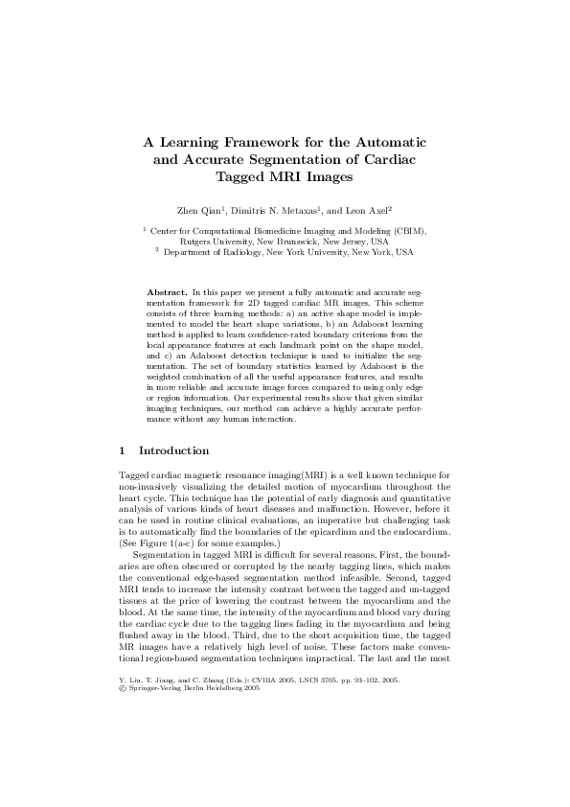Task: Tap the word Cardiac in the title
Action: (389, 159)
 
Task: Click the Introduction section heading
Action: (173, 450)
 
